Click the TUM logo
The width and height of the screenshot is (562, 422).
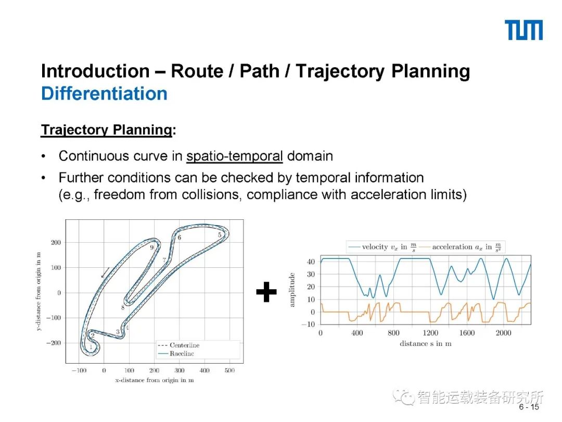click(x=523, y=30)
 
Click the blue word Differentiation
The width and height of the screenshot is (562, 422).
click(x=104, y=94)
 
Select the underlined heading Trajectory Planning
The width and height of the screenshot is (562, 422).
click(x=106, y=130)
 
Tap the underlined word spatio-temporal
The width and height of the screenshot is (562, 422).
click(x=234, y=156)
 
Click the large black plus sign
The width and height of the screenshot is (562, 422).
click(x=266, y=293)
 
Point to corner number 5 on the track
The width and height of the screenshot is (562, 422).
click(x=220, y=235)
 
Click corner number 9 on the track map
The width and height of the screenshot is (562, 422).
click(x=152, y=247)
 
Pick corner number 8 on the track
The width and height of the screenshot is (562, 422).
click(x=123, y=308)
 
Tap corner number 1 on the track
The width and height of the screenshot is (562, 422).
click(x=91, y=346)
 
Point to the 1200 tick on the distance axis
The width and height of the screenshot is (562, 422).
click(x=430, y=333)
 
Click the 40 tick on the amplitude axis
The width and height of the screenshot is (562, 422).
click(x=311, y=262)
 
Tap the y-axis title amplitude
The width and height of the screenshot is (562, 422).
click(x=292, y=289)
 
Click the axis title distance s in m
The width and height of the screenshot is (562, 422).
click(x=425, y=344)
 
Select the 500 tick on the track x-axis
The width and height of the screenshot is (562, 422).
click(x=229, y=370)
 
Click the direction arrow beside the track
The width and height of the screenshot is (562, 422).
click(x=105, y=272)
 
